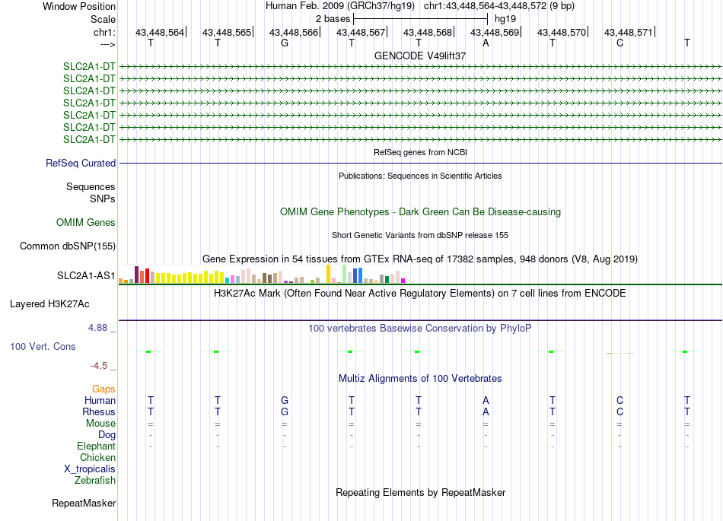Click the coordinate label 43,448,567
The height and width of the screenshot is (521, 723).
click(361, 32)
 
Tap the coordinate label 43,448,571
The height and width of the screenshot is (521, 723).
click(628, 32)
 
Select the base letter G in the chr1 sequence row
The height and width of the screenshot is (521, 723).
click(285, 43)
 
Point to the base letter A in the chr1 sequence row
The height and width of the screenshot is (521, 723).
click(486, 43)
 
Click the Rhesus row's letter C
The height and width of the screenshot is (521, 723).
click(619, 411)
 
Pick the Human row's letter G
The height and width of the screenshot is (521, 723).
click(285, 400)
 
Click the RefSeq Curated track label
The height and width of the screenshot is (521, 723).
click(81, 163)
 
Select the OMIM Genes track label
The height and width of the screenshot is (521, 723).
click(86, 223)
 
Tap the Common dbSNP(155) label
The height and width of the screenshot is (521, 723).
click(68, 246)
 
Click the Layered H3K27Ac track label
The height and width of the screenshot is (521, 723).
click(49, 303)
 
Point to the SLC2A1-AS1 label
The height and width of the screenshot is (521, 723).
click(86, 275)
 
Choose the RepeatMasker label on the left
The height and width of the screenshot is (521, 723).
click(84, 503)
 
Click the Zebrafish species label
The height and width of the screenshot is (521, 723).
click(95, 481)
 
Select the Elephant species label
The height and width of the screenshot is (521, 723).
click(96, 446)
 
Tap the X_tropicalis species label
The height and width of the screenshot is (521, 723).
click(90, 469)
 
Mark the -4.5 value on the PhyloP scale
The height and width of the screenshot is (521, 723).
click(100, 366)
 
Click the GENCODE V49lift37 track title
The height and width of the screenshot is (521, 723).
click(420, 56)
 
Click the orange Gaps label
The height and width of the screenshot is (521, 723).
click(104, 389)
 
